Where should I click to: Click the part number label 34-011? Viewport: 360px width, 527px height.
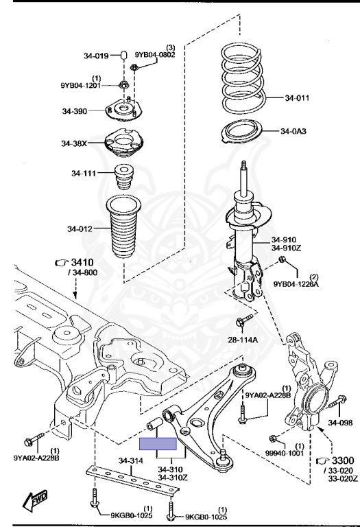297,98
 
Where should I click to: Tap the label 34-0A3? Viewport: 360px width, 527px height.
293,131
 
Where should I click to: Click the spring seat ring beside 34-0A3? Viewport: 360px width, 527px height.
242,132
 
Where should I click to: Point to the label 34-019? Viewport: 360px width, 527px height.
96,56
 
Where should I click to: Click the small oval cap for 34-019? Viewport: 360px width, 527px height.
123,54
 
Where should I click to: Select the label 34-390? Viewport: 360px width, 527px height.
75,111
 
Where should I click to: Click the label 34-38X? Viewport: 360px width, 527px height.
74,143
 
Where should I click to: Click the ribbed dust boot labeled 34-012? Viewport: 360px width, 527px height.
123,227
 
